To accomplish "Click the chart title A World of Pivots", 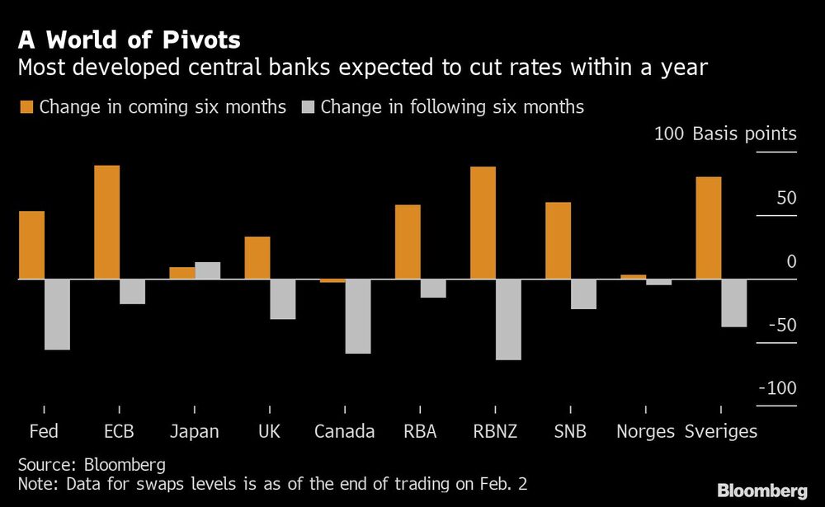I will click(x=130, y=40).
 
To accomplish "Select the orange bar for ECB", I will click(x=107, y=223).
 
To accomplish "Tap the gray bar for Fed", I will click(x=57, y=315).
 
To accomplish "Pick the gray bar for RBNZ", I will click(x=508, y=320).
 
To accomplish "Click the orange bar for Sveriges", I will click(x=709, y=228).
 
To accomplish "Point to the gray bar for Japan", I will click(x=208, y=271).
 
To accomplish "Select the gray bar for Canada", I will click(x=358, y=317).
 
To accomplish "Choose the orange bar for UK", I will click(x=257, y=258).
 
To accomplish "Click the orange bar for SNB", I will click(x=558, y=241).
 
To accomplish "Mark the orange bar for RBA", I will click(x=408, y=242).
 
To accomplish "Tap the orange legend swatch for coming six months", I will click(x=26, y=107).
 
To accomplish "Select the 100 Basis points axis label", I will click(x=725, y=134).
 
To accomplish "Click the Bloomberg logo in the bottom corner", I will click(x=761, y=491).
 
